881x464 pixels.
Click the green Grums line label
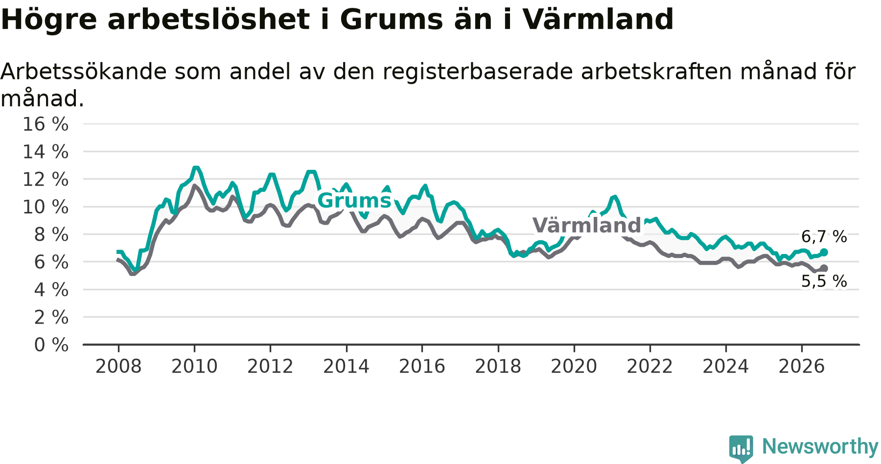pyautogui.click(x=354, y=201)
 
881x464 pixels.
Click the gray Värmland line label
pyautogui.click(x=586, y=225)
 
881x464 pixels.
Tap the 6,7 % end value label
pyautogui.click(x=824, y=237)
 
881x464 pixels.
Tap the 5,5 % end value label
pyautogui.click(x=824, y=281)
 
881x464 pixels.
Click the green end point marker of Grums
pyautogui.click(x=824, y=252)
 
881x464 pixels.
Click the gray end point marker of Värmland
pyautogui.click(x=824, y=268)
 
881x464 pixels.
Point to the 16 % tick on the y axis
pyautogui.click(x=46, y=124)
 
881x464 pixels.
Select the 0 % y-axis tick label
pyautogui.click(x=51, y=345)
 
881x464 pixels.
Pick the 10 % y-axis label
pyautogui.click(x=46, y=207)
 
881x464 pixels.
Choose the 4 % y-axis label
pyautogui.click(x=51, y=290)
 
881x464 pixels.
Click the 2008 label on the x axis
pyautogui.click(x=118, y=367)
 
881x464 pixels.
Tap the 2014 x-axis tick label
pyautogui.click(x=346, y=367)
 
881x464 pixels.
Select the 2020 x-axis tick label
pyautogui.click(x=574, y=367)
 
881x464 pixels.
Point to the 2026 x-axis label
pyautogui.click(x=802, y=367)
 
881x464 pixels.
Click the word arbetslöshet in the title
pyautogui.click(x=209, y=20)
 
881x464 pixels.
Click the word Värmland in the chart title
pyautogui.click(x=598, y=20)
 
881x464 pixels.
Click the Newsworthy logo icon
pyautogui.click(x=741, y=448)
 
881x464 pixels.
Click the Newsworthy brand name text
pyautogui.click(x=820, y=446)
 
